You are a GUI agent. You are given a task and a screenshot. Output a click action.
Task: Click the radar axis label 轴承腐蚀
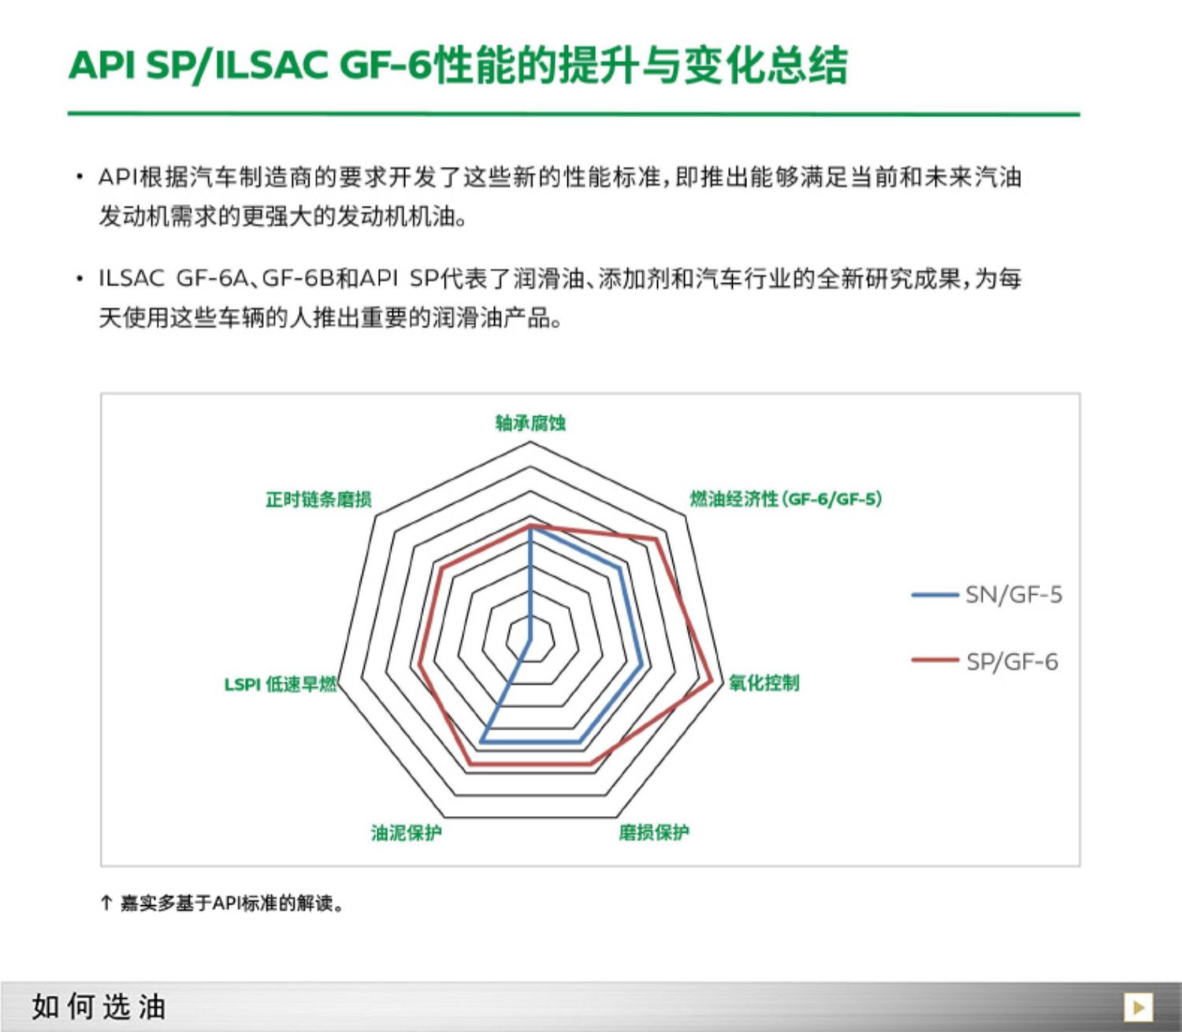(530, 423)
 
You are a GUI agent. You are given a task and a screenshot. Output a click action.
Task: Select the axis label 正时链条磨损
(318, 499)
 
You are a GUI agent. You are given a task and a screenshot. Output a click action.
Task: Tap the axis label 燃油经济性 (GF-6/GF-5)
(786, 499)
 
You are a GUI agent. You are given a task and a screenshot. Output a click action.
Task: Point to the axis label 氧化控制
(764, 682)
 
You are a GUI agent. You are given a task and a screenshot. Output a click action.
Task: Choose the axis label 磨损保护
(654, 832)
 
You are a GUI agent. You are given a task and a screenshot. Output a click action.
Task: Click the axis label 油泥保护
(407, 832)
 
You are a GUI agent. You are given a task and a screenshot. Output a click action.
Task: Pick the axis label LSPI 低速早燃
(281, 685)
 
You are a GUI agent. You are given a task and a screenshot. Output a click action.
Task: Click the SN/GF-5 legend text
(1014, 594)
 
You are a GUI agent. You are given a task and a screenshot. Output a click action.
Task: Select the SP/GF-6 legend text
(1012, 661)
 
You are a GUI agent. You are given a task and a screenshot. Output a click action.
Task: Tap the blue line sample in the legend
(935, 595)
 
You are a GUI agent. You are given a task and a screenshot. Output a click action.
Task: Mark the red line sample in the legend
(935, 659)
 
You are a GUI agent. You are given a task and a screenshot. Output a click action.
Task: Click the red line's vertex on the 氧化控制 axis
(713, 682)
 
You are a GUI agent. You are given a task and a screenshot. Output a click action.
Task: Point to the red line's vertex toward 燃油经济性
(656, 540)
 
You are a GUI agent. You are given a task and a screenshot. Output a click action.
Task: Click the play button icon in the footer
(1138, 1007)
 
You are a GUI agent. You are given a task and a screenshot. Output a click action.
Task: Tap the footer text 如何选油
(98, 1007)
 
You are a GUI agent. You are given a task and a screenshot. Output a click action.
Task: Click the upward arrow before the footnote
(106, 903)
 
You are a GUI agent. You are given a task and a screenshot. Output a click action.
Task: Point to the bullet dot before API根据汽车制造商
(80, 176)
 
